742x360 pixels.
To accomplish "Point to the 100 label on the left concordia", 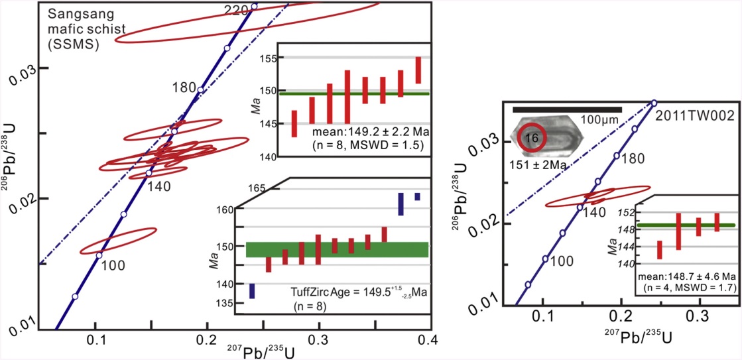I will pyautogui.click(x=114, y=265).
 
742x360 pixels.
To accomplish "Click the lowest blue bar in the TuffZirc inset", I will pyautogui.click(x=252, y=290).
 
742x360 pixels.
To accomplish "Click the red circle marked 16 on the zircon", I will pyautogui.click(x=531, y=137).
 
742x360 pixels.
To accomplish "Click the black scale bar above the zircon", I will pyautogui.click(x=567, y=109).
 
